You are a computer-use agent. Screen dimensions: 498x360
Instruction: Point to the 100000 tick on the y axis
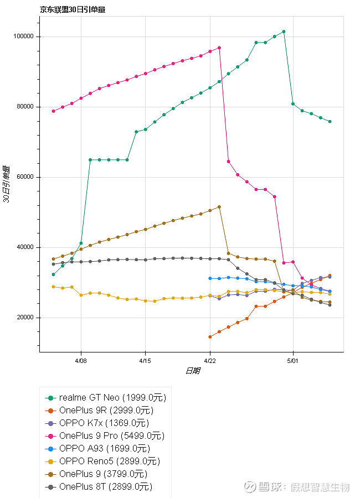(23, 37)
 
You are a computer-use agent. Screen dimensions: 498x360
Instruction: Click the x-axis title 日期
(192, 371)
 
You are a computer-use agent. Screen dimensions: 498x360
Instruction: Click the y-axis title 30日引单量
(7, 184)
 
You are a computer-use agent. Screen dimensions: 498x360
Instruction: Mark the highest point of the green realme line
(284, 32)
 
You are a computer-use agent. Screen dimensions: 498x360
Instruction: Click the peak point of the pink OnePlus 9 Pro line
(219, 48)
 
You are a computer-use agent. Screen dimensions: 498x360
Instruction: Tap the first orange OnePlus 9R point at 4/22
(210, 336)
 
